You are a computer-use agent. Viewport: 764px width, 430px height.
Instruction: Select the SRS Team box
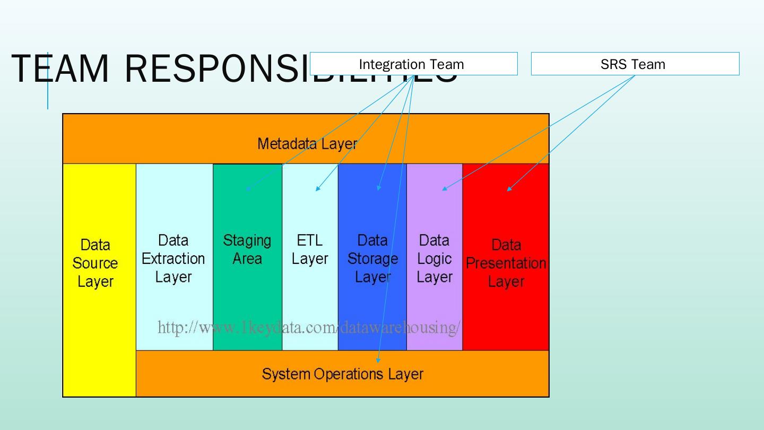[635, 64]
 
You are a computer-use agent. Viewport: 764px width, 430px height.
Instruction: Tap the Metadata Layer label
[307, 143]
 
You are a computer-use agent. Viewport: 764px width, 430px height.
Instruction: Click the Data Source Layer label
[95, 263]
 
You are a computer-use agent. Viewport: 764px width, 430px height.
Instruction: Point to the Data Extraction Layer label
[173, 259]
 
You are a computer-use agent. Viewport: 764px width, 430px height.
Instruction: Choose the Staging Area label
[247, 250]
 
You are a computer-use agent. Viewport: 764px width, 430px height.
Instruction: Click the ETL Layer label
[310, 250]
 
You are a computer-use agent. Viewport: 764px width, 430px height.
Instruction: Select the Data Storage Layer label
[372, 259]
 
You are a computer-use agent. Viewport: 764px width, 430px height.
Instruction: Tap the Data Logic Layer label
[435, 259]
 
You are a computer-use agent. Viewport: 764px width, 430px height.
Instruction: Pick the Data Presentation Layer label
[506, 263]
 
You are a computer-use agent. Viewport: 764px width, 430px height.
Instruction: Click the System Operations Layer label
[343, 374]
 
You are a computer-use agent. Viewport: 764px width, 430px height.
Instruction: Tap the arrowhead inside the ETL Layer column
[317, 188]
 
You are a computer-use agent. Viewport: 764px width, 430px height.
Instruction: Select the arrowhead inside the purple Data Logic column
[445, 188]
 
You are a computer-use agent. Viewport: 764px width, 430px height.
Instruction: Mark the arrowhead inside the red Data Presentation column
[509, 188]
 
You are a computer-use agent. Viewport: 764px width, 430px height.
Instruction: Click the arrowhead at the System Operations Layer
[378, 360]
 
